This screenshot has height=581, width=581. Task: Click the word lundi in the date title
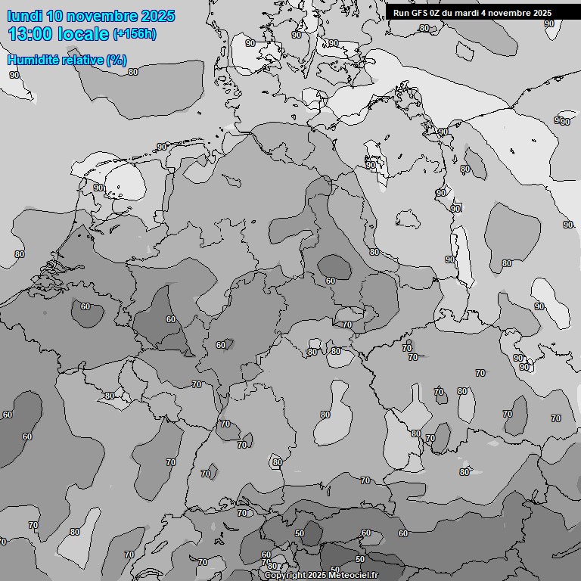(x=24, y=16)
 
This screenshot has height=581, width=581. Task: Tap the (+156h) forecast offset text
(x=135, y=34)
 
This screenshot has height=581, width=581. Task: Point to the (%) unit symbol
(x=117, y=60)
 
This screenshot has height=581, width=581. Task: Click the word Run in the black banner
(x=400, y=13)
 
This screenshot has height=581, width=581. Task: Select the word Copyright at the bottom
(x=285, y=575)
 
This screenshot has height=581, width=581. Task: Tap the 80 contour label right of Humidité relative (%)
(x=133, y=72)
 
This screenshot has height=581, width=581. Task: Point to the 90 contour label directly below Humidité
(x=14, y=75)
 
